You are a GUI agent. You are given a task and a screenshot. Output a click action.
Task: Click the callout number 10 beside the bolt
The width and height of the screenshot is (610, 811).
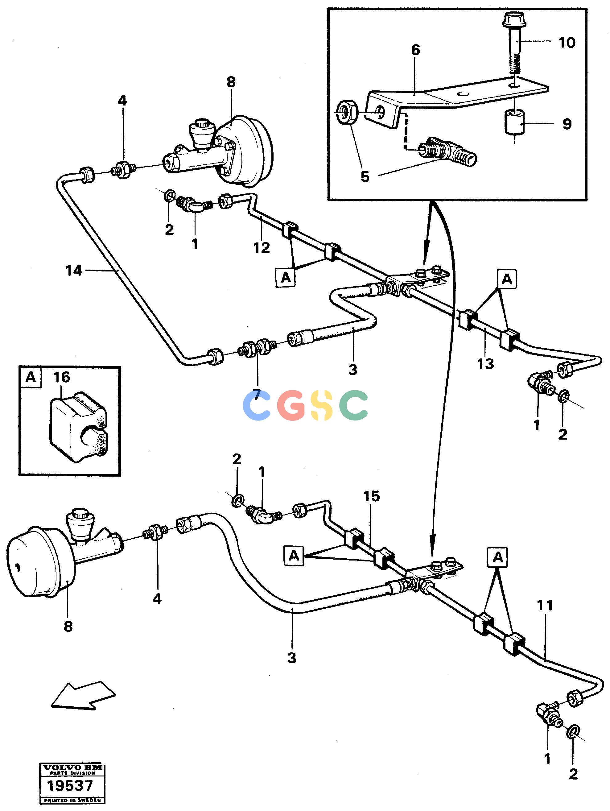[567, 43]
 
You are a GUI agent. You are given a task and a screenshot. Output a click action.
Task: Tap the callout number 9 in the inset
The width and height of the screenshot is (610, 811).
[567, 124]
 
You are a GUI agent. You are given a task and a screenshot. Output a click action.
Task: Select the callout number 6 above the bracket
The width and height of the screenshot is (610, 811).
[415, 50]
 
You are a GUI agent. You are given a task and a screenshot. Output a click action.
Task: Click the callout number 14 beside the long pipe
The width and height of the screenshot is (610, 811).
[74, 271]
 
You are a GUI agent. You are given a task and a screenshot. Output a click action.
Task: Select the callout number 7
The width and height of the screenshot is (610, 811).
[257, 395]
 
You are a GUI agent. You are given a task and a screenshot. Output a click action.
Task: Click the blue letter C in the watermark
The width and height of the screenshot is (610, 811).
[257, 405]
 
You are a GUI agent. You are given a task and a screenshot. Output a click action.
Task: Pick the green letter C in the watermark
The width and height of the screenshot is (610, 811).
[353, 405]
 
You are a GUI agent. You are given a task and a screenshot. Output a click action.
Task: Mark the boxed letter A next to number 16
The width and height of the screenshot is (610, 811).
[31, 377]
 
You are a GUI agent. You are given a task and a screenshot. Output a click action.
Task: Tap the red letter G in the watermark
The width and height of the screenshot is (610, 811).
[290, 405]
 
